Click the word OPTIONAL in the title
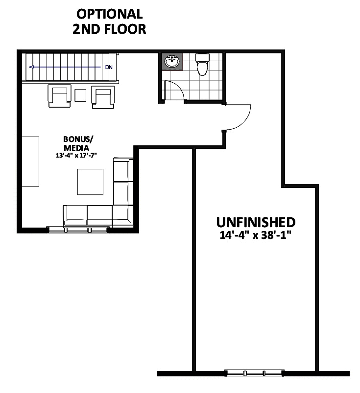pos(110,14)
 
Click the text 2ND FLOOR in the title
pos(109,29)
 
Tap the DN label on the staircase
pos(109,67)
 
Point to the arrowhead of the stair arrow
pos(31,67)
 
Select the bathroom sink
pos(172,62)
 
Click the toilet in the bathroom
pos(202,65)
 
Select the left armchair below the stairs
pos(59,96)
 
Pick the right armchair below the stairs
pos(103,97)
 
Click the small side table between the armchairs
pos(80,95)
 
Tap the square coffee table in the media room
pos(90,182)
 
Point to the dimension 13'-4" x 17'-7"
pos(76,156)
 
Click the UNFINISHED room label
pos(256,222)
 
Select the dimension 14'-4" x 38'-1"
pos(256,235)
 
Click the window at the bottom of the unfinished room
pos(254,373)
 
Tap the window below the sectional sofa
pos(78,230)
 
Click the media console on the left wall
pos(30,162)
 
